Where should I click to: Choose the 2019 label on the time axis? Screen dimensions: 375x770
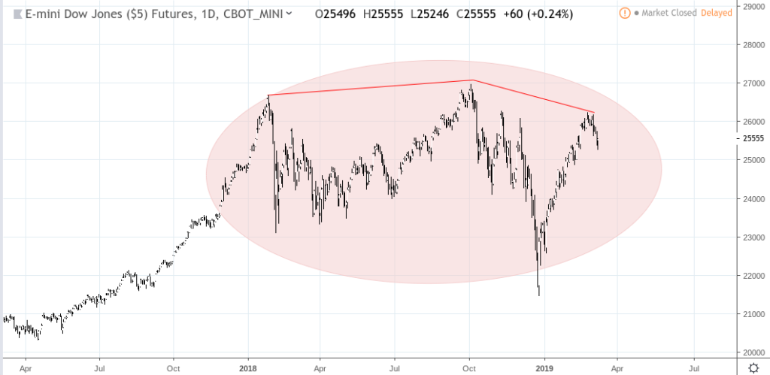click(x=544, y=369)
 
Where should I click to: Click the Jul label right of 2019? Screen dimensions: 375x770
click(x=693, y=369)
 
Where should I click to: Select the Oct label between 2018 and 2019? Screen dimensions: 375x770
click(x=470, y=369)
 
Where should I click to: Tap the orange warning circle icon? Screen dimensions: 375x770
click(x=625, y=13)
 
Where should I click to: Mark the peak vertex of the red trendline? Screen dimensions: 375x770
click(x=472, y=80)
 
